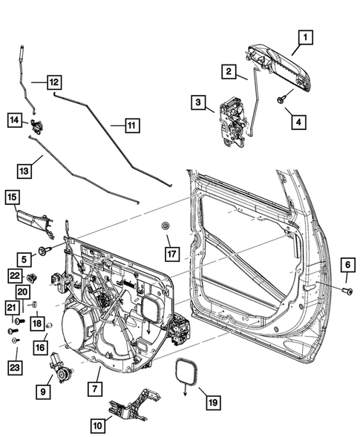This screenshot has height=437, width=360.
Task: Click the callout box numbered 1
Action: point(304,36)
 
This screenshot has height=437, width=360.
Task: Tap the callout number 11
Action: point(131,125)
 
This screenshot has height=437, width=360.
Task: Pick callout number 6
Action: point(347,265)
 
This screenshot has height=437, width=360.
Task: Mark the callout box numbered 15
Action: point(13,197)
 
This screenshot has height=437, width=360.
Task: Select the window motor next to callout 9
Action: point(60,367)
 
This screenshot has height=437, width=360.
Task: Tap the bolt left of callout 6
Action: point(345,290)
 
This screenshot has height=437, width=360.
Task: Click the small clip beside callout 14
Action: point(35,123)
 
